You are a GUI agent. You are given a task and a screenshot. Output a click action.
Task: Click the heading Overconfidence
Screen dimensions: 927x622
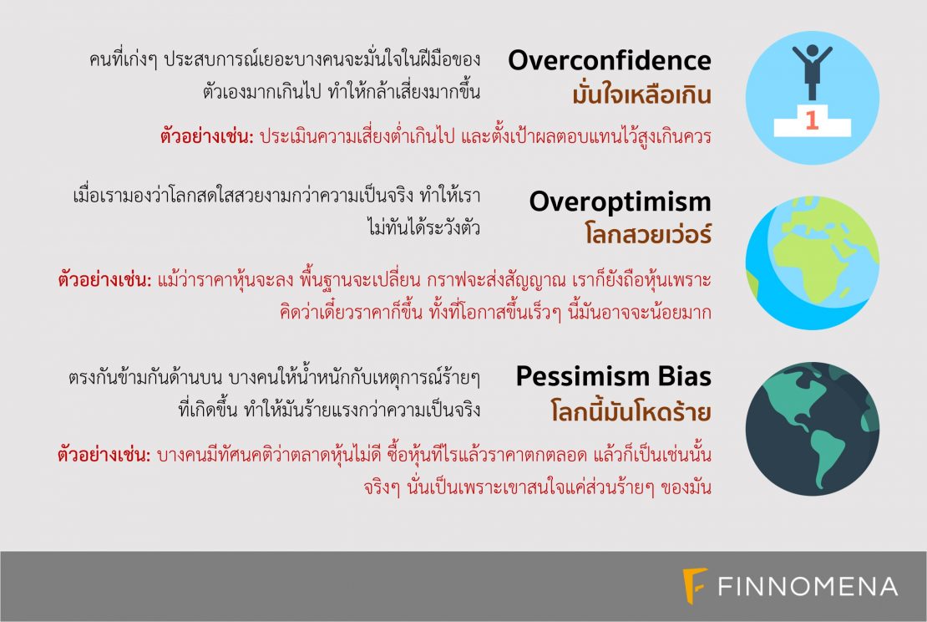(x=610, y=60)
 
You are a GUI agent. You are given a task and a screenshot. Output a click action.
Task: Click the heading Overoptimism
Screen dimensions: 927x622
(x=621, y=201)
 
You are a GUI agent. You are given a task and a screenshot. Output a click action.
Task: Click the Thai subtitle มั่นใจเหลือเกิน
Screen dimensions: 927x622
(x=641, y=94)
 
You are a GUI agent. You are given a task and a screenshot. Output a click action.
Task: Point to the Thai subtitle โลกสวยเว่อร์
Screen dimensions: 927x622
(x=648, y=234)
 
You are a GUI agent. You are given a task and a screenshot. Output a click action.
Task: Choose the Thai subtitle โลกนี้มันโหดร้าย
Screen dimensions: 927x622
(x=631, y=410)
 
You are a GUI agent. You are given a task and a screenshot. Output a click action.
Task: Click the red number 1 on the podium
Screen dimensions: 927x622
(x=812, y=120)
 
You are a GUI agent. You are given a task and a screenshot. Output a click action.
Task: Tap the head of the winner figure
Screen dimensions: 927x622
(x=813, y=51)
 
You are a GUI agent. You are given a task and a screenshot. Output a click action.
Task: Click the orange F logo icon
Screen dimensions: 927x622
(x=695, y=586)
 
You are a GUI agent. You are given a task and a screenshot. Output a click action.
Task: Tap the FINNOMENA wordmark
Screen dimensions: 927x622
(x=808, y=587)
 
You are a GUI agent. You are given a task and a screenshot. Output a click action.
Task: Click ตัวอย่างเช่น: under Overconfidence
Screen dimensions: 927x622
(x=207, y=137)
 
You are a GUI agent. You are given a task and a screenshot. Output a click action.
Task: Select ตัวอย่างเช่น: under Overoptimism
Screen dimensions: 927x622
(x=104, y=278)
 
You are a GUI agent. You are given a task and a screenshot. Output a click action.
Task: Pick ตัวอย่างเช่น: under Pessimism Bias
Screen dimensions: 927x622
(x=104, y=455)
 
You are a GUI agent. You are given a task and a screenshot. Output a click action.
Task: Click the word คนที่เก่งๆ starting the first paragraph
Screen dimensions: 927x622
(x=123, y=59)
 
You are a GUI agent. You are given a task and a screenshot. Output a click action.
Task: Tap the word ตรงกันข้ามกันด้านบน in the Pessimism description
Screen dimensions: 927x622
(x=145, y=378)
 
